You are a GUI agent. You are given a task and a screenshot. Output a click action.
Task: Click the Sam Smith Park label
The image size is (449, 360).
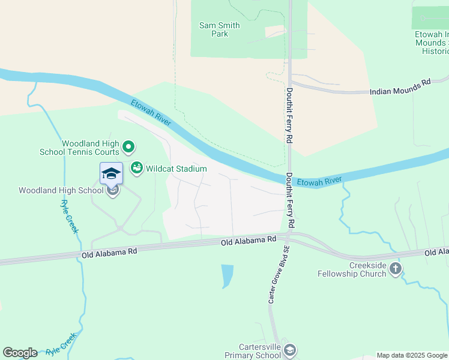(219, 29)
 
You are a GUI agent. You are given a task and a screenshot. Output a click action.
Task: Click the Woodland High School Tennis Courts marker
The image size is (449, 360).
(128, 146)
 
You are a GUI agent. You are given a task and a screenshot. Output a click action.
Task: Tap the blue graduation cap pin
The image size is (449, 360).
(111, 173)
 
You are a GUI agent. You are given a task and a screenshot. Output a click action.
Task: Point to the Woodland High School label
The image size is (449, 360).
(61, 191)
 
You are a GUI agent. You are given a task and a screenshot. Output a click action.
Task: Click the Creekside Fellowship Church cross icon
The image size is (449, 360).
(395, 268)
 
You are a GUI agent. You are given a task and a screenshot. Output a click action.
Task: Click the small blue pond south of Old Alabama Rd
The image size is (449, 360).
(227, 276)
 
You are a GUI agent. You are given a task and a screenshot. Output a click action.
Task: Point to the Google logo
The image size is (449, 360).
(20, 353)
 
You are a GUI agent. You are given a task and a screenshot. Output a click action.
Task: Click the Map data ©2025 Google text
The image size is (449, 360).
(411, 355)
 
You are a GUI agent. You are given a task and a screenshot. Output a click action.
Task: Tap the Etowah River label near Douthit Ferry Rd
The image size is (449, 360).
(319, 179)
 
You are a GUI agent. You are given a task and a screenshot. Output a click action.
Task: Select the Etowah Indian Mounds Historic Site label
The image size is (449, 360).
(432, 43)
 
